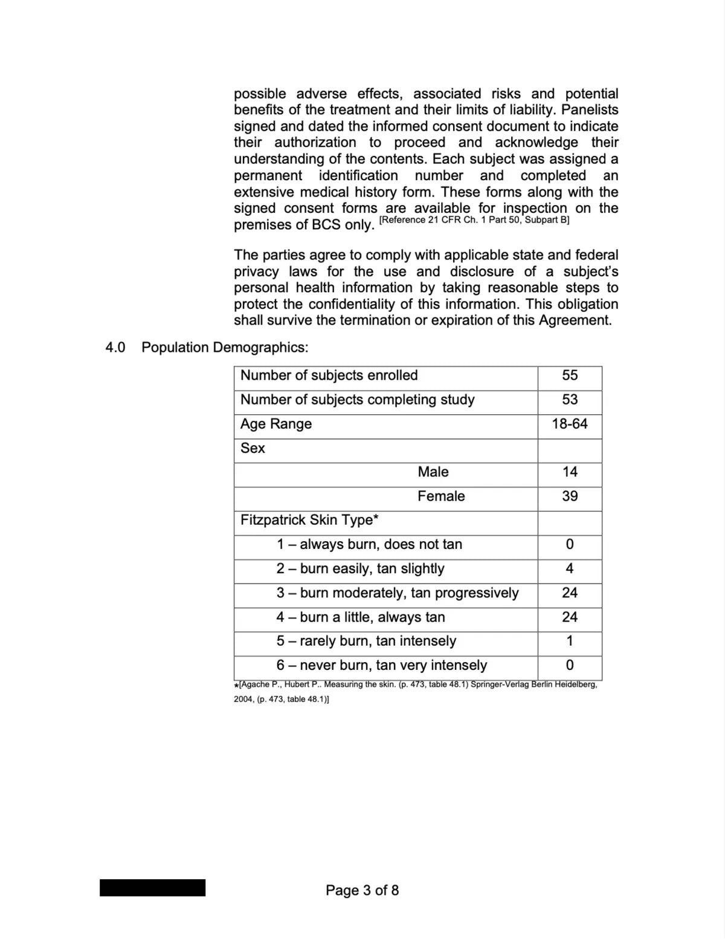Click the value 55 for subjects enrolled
click(570, 375)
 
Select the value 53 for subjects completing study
click(570, 400)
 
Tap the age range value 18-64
click(570, 424)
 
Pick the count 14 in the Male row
click(570, 472)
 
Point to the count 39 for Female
click(570, 496)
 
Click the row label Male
click(433, 472)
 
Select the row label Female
click(441, 496)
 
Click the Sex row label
click(253, 448)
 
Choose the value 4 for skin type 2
click(570, 569)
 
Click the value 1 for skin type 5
click(570, 641)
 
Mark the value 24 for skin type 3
click(570, 593)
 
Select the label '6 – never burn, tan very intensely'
click(382, 666)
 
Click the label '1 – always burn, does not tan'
click(369, 545)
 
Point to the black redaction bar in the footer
click(152, 888)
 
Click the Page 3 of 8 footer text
click(362, 890)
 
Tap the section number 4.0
click(115, 348)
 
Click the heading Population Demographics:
click(225, 348)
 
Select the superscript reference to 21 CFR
click(474, 220)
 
